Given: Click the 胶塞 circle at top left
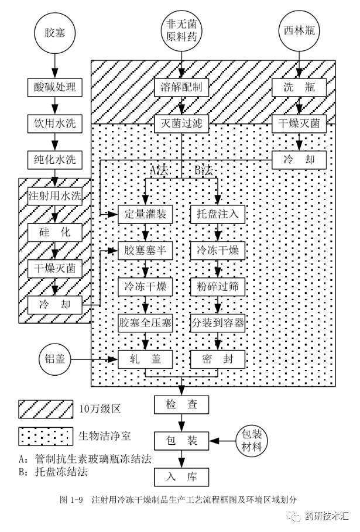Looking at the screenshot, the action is coord(54,33).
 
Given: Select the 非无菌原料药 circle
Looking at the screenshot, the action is coord(181,31).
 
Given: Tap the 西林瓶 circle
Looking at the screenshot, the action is coord(299,31).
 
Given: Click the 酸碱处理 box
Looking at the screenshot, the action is coord(54,87).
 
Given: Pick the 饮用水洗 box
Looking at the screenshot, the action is coord(54,123).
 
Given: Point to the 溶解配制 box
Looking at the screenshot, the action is coord(181,87).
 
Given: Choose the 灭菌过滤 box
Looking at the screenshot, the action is coord(181,123).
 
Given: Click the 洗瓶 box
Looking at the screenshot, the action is coord(299,87).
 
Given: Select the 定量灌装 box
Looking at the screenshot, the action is coord(145,214).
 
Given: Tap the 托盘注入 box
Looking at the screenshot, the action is coord(218,214).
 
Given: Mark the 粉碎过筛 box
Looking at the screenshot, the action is coord(218,287).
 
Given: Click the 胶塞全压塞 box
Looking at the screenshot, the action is coord(145,322).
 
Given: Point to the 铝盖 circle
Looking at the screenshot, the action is coord(54,359).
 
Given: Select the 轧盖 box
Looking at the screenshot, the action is coord(145,359).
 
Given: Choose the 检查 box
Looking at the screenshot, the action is coord(181,404).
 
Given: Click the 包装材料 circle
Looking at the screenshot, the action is coord(252,441).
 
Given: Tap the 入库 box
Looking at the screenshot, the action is coord(181,477).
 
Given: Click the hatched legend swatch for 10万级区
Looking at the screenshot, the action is coord(46,409).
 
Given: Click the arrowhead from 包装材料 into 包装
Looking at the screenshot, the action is coord(213,441).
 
